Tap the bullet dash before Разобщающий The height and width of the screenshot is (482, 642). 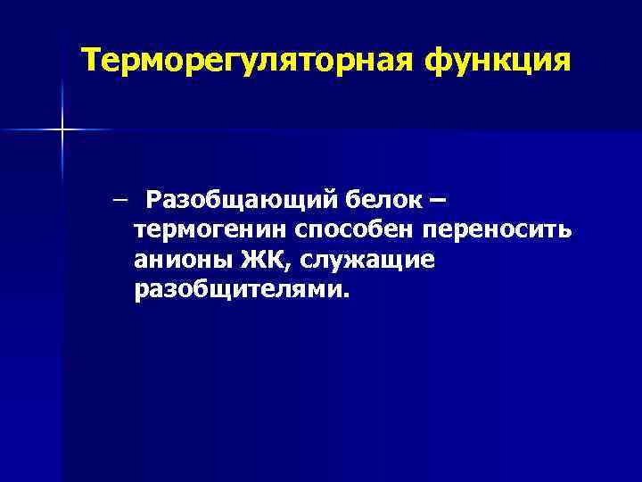point(119,198)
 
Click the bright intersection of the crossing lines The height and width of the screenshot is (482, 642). point(62,130)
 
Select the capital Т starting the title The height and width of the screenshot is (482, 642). point(91,61)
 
